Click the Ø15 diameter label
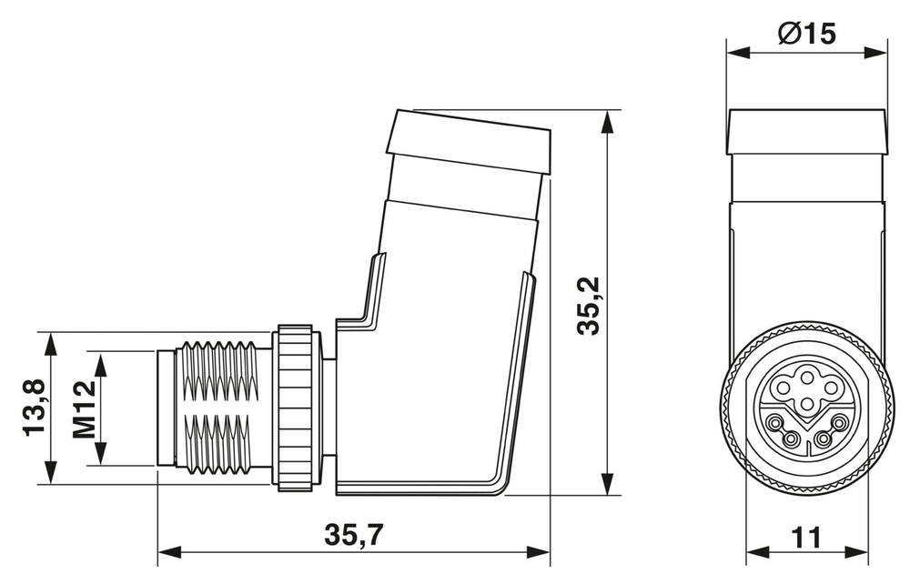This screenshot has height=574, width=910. (807, 34)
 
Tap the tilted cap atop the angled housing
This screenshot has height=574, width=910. (469, 144)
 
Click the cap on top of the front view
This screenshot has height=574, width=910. (807, 133)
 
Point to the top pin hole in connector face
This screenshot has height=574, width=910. (807, 373)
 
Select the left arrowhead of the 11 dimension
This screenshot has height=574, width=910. (754, 552)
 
